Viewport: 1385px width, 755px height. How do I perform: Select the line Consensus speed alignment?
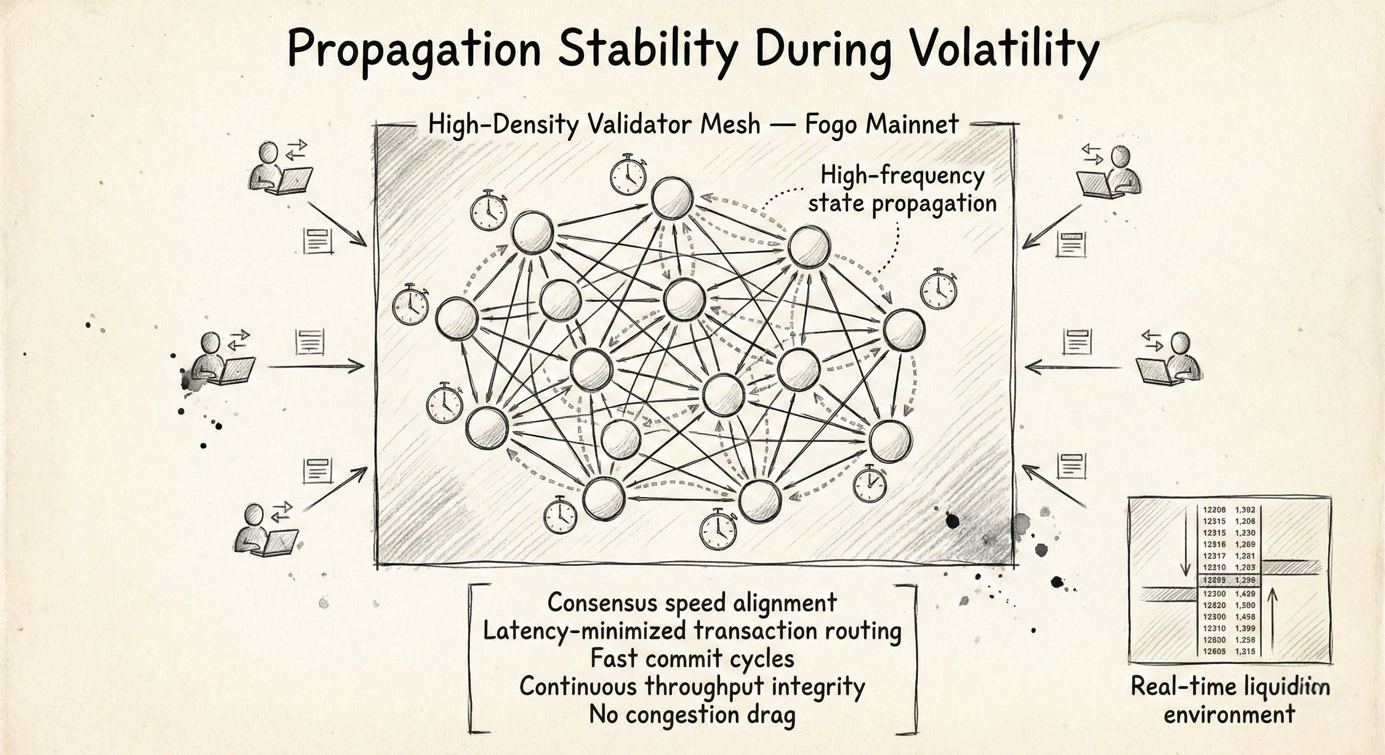coord(692,603)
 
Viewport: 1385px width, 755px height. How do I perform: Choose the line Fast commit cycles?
coord(692,658)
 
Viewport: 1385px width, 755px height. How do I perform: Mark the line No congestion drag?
coord(692,715)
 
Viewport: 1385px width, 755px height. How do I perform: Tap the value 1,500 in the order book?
coord(1245,605)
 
